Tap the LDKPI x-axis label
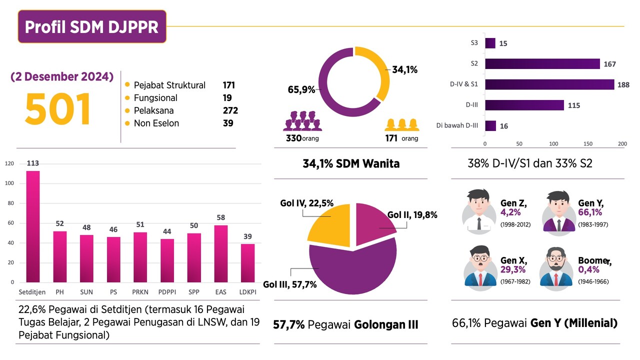pyautogui.click(x=248, y=292)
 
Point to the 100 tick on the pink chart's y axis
pyautogui.click(x=9, y=183)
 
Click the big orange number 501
pyautogui.click(x=57, y=108)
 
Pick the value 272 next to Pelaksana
pyautogui.click(x=230, y=110)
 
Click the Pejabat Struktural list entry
pyautogui.click(x=169, y=85)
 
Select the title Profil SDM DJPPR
pyautogui.click(x=92, y=26)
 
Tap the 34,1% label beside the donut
pyautogui.click(x=404, y=70)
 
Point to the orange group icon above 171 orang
pyautogui.click(x=401, y=124)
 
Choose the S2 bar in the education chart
pyautogui.click(x=542, y=63)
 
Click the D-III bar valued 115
pyautogui.click(x=524, y=105)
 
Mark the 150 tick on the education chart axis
pyautogui.click(x=588, y=144)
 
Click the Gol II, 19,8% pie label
pyautogui.click(x=412, y=215)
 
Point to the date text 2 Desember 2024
pyautogui.click(x=62, y=77)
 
